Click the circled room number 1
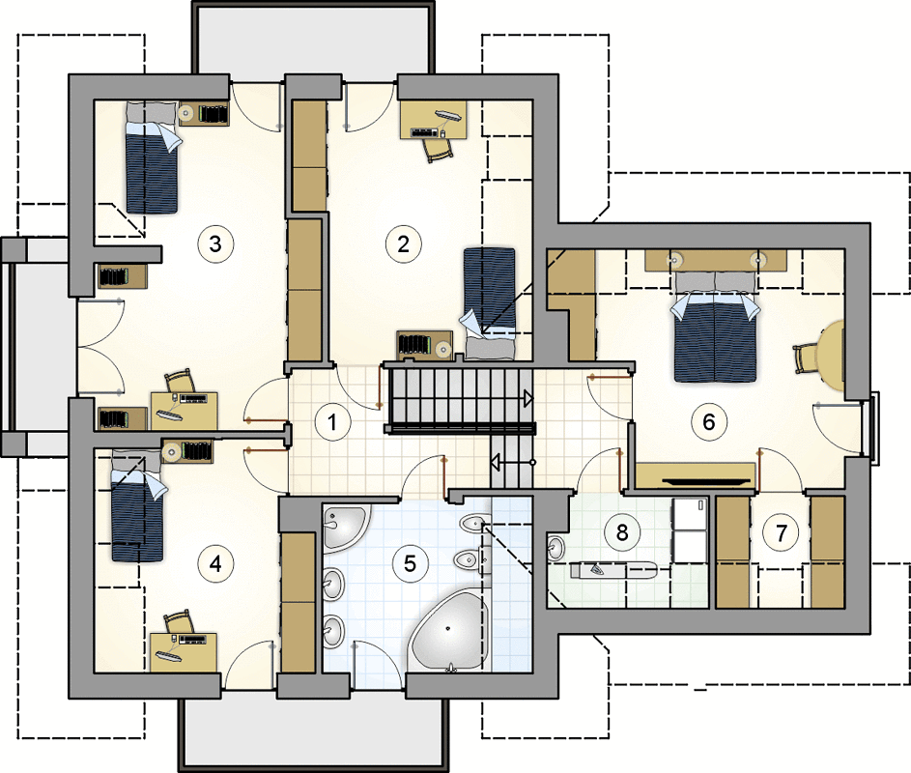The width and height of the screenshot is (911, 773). tap(332, 422)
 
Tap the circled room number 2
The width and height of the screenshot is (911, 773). tap(403, 244)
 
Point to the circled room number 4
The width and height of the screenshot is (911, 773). tap(215, 563)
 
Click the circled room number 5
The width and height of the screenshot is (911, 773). tap(411, 563)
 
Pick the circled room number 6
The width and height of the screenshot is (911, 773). tap(709, 422)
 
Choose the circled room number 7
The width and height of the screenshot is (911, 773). tap(782, 532)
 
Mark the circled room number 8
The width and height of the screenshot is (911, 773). tap(622, 532)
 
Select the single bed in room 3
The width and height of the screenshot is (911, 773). tap(153, 158)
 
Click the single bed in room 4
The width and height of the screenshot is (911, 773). tap(138, 505)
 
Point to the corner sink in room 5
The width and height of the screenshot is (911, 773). tap(345, 527)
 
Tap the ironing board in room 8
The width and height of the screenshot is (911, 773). tap(613, 570)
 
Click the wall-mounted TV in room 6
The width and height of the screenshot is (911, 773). tap(704, 481)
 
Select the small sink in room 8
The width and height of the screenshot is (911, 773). tap(555, 548)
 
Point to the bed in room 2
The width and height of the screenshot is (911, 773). tap(489, 303)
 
